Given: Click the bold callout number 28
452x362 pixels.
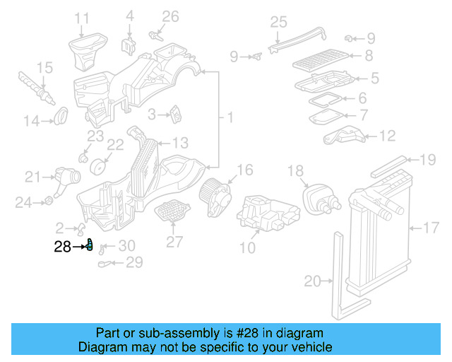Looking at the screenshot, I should pos(62,247).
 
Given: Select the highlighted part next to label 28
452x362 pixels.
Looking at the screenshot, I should pos(90,245).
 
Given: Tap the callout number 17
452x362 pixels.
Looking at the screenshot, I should pos(431,228).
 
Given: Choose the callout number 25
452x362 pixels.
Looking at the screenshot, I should pos(278,22).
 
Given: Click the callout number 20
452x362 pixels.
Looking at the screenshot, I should pos(312,281).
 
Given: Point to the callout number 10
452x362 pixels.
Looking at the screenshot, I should pos(247,248).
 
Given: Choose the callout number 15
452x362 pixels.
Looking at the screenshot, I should pos(44,68).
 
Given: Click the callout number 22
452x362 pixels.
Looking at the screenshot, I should pos(115,145).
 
